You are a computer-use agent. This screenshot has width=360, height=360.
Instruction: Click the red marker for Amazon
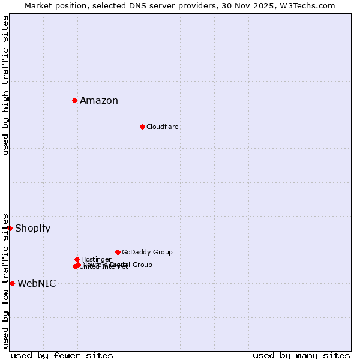(74, 100)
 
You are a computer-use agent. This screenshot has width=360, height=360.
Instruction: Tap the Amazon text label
(99, 101)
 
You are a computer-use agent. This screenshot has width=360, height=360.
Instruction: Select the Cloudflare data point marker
(142, 127)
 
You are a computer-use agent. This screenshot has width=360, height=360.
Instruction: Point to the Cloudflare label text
(163, 127)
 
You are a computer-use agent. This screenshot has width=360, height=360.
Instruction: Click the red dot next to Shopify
(10, 228)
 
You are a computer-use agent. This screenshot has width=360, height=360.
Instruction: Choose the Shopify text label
(33, 229)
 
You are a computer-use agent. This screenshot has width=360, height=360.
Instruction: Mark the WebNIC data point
(12, 283)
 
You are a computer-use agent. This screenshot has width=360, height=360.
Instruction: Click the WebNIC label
(37, 284)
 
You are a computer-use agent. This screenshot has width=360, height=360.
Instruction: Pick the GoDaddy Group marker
(118, 252)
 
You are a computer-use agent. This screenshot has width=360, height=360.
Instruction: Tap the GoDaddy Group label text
(147, 252)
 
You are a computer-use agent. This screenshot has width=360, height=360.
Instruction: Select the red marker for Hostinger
(77, 259)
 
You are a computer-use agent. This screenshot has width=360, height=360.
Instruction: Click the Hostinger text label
(96, 259)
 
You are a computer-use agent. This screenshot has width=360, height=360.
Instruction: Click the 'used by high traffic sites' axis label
(5, 85)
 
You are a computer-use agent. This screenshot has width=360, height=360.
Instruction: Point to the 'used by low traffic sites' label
(5, 281)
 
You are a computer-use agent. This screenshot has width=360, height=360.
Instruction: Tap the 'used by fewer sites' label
(62, 355)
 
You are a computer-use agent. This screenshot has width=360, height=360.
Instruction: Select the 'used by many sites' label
(301, 355)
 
